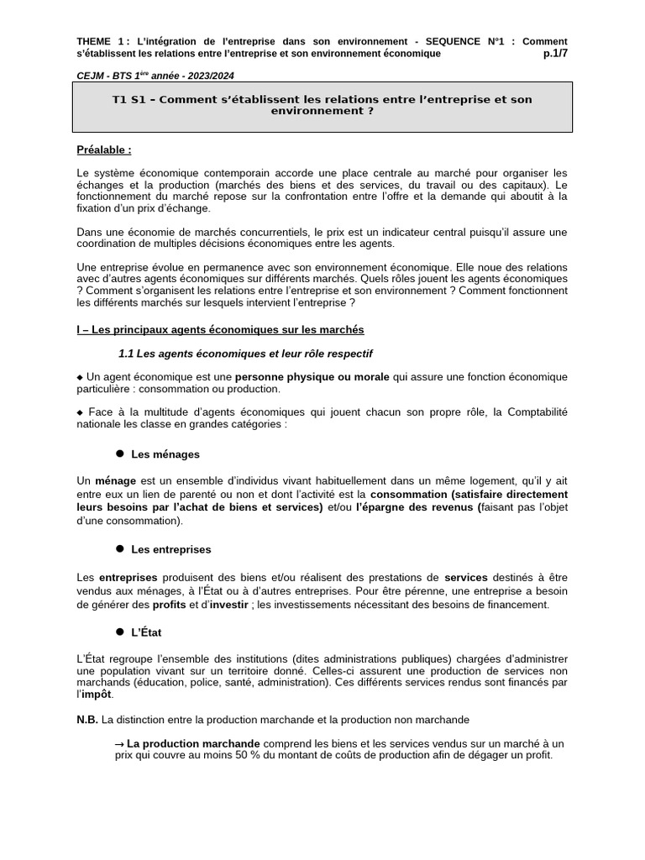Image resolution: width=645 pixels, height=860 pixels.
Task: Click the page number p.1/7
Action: pyautogui.click(x=555, y=54)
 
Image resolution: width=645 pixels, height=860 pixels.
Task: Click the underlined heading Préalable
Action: pyautogui.click(x=104, y=150)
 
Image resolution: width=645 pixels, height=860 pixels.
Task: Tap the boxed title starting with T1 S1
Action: pyautogui.click(x=322, y=105)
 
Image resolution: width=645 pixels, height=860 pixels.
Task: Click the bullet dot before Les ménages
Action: pyautogui.click(x=120, y=454)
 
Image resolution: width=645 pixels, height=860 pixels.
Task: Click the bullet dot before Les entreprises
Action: pyautogui.click(x=120, y=548)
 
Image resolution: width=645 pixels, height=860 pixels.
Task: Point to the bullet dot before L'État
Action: pyautogui.click(x=120, y=631)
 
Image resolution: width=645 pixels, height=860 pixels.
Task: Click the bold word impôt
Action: pyautogui.click(x=97, y=695)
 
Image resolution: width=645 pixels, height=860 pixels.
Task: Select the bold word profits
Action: pyautogui.click(x=169, y=605)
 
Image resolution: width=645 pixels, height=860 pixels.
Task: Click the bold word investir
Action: pyautogui.click(x=229, y=605)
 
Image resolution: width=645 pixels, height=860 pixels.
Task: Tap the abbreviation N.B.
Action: pyautogui.click(x=87, y=720)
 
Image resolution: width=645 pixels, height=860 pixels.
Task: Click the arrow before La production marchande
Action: pyautogui.click(x=119, y=744)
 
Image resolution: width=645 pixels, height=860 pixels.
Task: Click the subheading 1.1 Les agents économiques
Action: pyautogui.click(x=245, y=354)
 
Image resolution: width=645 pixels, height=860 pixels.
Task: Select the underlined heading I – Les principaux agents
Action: pyautogui.click(x=220, y=330)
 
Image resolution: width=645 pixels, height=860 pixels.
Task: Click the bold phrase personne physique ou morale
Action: pyautogui.click(x=312, y=377)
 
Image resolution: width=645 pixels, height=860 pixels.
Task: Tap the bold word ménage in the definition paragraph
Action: pyautogui.click(x=115, y=481)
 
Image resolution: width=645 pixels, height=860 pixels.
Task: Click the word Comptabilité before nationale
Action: pyautogui.click(x=533, y=412)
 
